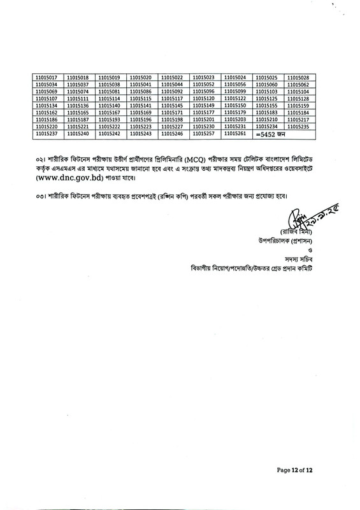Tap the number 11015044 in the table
[173, 85]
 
